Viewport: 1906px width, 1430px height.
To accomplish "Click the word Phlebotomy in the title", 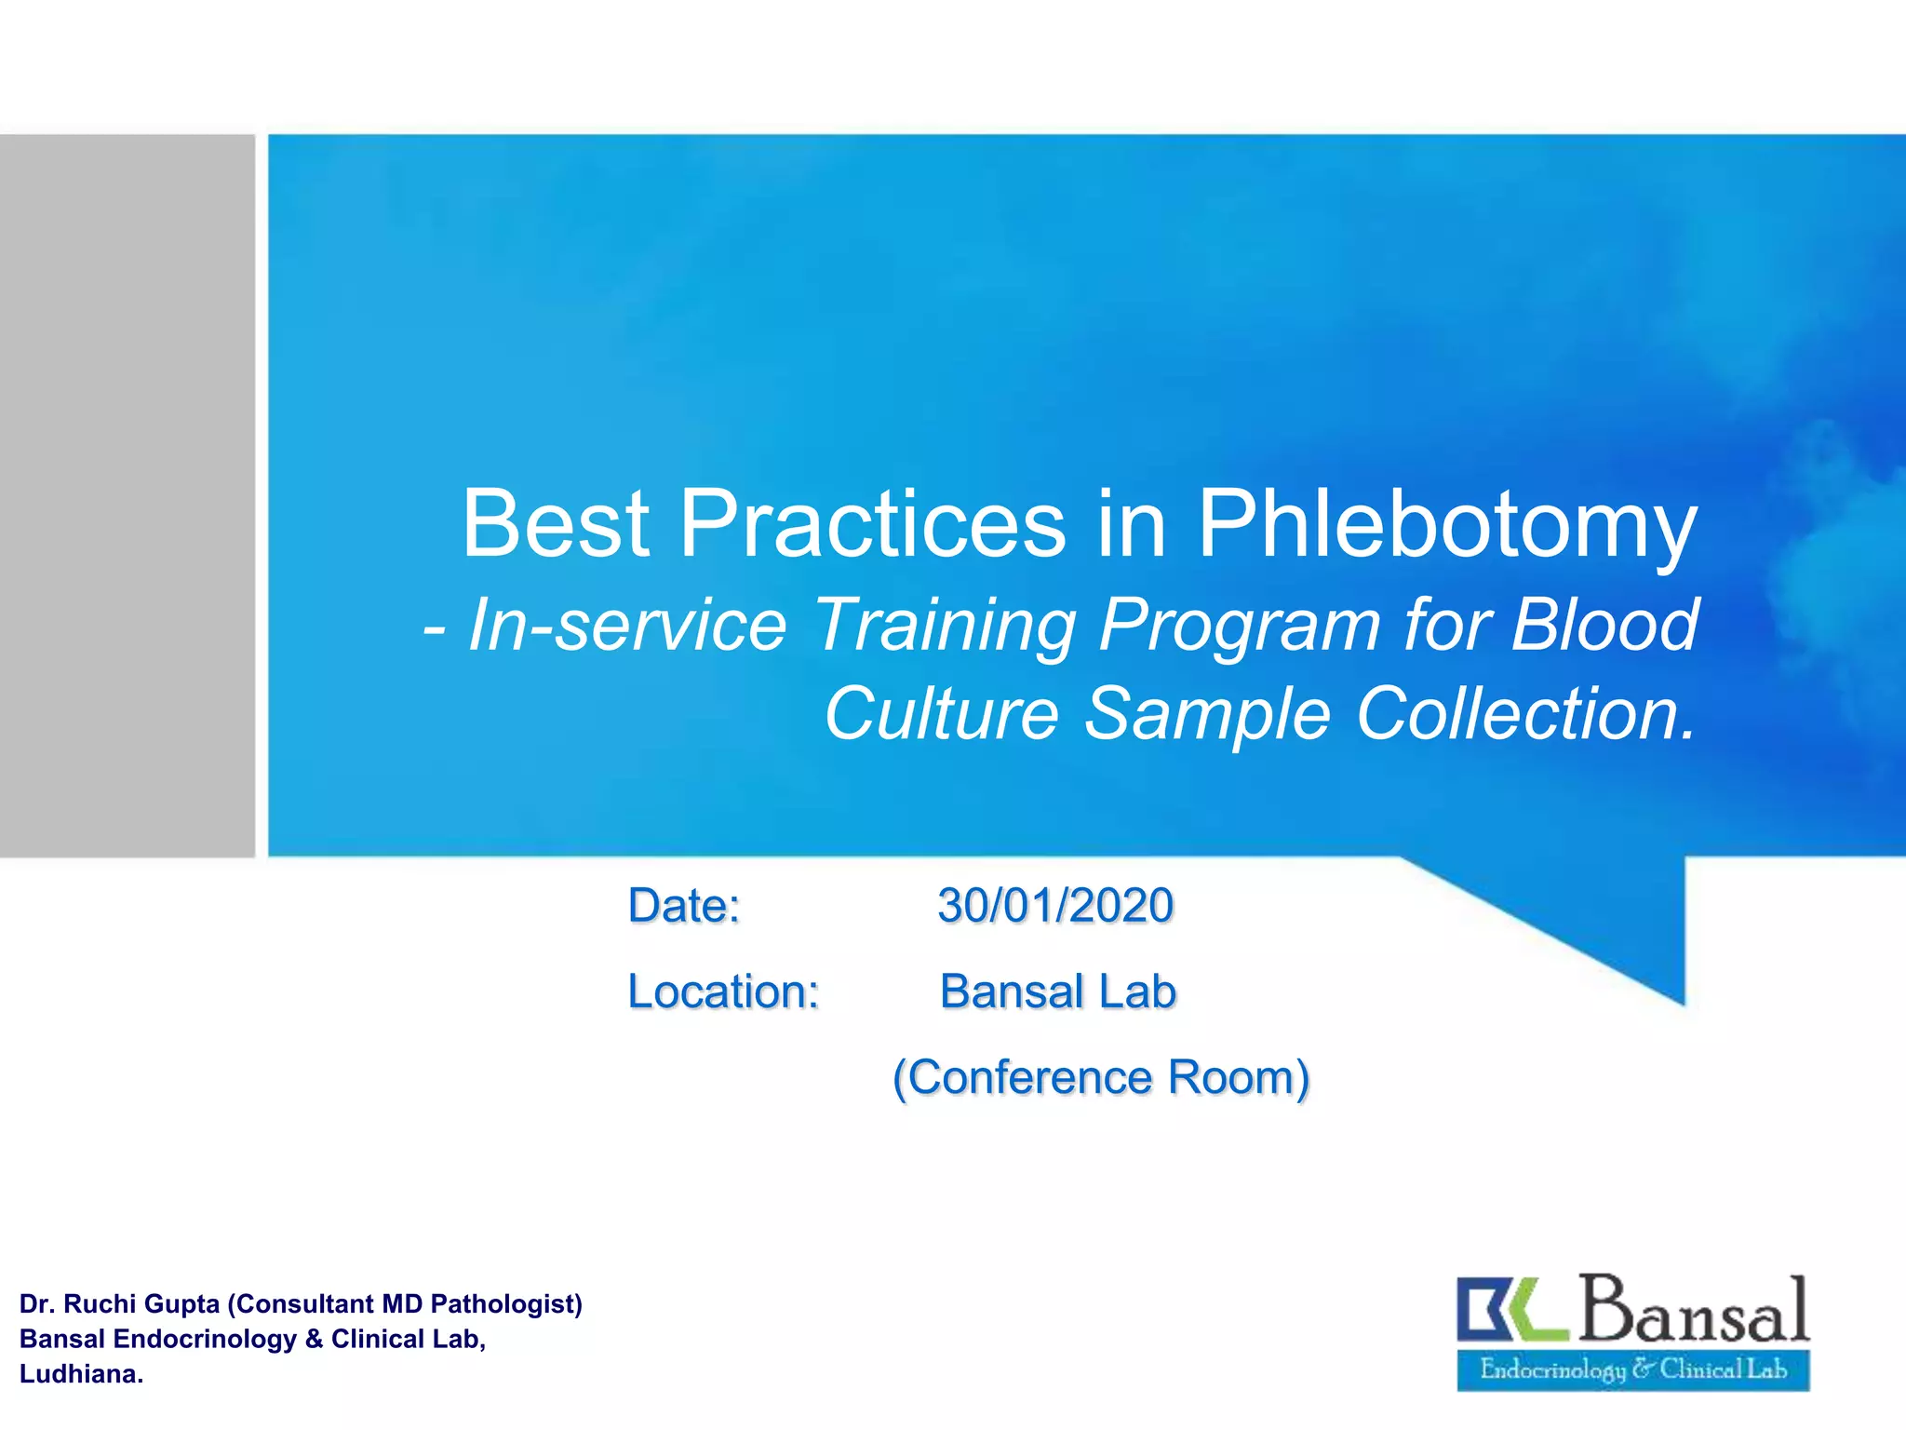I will pyautogui.click(x=1446, y=526).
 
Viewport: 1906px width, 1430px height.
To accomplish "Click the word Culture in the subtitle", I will pyautogui.click(x=941, y=714).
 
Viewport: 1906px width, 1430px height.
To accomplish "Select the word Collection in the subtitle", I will pyautogui.click(x=1523, y=714).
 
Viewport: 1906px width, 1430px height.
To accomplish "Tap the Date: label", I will pyautogui.click(x=684, y=906).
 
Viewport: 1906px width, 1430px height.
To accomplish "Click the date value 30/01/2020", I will pyautogui.click(x=1055, y=906).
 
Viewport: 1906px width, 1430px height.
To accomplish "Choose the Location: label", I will pyautogui.click(x=723, y=992).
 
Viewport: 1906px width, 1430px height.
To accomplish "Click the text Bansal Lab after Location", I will pyautogui.click(x=1057, y=992).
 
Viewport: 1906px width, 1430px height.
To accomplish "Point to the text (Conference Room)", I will pyautogui.click(x=1101, y=1078).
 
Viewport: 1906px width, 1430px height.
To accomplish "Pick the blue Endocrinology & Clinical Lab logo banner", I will pyautogui.click(x=1632, y=1369).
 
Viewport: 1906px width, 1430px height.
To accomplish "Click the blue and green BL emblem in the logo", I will pyautogui.click(x=1511, y=1308).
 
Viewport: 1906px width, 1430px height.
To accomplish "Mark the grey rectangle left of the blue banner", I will pyautogui.click(x=127, y=495).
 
